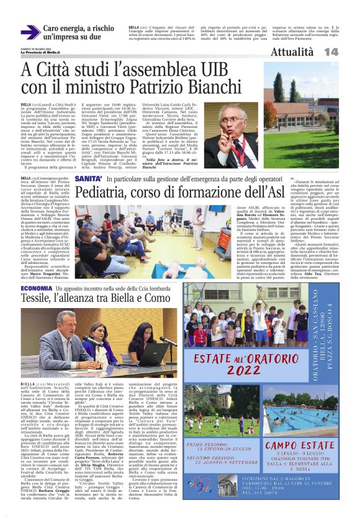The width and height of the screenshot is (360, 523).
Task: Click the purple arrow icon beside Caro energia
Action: (x=30, y=32)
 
